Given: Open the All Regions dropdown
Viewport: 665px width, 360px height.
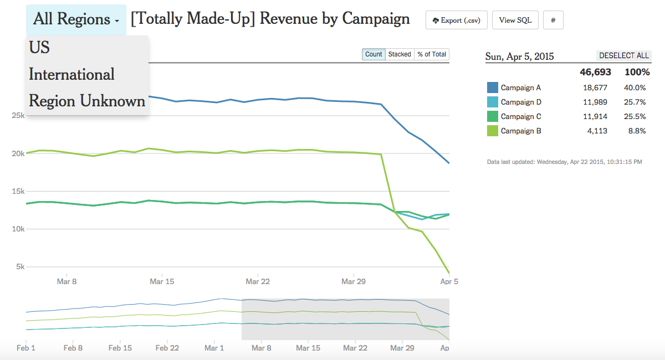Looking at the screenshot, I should (x=76, y=19).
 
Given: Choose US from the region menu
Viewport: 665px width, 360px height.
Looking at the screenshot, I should (x=39, y=48).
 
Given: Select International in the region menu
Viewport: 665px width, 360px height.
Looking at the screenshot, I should (x=71, y=74).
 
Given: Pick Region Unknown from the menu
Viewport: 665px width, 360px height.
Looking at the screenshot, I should (x=87, y=101).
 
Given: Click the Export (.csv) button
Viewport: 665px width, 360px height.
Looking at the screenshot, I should (x=457, y=20).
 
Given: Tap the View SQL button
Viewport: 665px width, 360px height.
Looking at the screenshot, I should (x=515, y=20).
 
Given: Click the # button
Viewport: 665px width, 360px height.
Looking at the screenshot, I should (x=553, y=20).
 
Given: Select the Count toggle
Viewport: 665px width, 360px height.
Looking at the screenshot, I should (x=374, y=54).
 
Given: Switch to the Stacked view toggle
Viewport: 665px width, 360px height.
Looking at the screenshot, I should (x=400, y=54).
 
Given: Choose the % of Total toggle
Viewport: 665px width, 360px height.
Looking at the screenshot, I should (x=432, y=54).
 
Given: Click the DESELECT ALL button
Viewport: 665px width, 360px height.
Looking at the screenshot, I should (x=623, y=56).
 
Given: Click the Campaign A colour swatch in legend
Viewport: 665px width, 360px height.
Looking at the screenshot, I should (x=492, y=88).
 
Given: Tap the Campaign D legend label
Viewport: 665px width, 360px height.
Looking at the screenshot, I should (x=521, y=102).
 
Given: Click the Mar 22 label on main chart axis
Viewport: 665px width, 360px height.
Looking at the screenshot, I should (x=257, y=281).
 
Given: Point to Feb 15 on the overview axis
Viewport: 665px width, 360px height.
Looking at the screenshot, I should (x=120, y=348).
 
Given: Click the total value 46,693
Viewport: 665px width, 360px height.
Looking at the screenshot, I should (x=595, y=73).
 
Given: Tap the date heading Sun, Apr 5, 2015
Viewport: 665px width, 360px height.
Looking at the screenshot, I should (x=519, y=56).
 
